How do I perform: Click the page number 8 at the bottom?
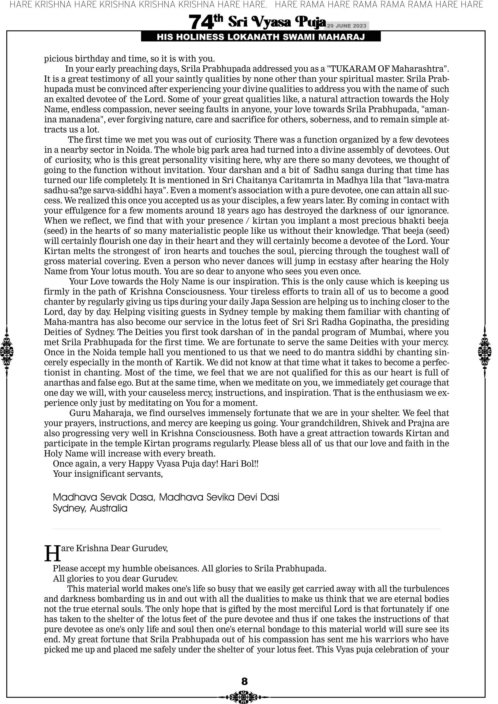(244, 681)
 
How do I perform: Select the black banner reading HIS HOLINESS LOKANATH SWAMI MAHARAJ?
(261, 37)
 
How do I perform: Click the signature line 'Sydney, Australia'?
(90, 508)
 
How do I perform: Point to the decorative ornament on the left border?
(7, 351)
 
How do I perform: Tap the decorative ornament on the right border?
(485, 351)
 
